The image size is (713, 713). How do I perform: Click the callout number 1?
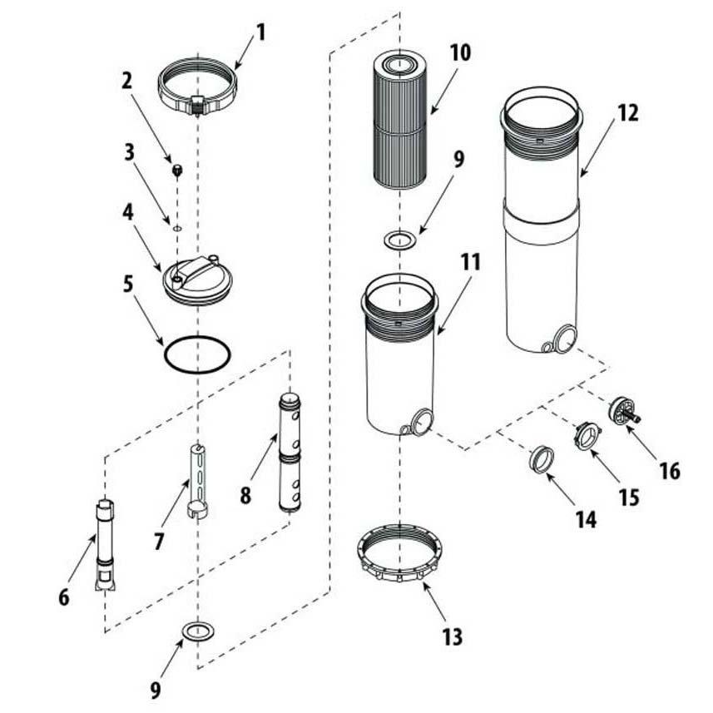click(x=260, y=32)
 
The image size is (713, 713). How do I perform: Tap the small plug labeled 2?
click(x=177, y=171)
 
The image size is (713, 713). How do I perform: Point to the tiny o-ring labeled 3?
click(x=177, y=228)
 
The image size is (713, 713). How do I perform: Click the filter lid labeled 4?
click(x=197, y=280)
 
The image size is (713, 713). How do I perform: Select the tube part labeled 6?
click(x=105, y=546)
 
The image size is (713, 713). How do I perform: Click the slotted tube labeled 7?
click(x=197, y=482)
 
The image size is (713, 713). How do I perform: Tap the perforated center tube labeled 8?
click(x=290, y=453)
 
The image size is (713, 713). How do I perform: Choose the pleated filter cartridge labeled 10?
click(x=399, y=118)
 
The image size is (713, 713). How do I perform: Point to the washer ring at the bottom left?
click(x=198, y=631)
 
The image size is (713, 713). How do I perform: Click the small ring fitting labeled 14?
click(x=542, y=460)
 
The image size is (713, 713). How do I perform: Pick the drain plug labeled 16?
click(x=623, y=411)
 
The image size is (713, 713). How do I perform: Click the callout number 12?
click(x=628, y=113)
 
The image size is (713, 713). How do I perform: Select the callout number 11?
click(x=470, y=262)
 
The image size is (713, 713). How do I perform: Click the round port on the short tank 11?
click(x=423, y=422)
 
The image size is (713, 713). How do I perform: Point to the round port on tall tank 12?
click(x=565, y=339)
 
